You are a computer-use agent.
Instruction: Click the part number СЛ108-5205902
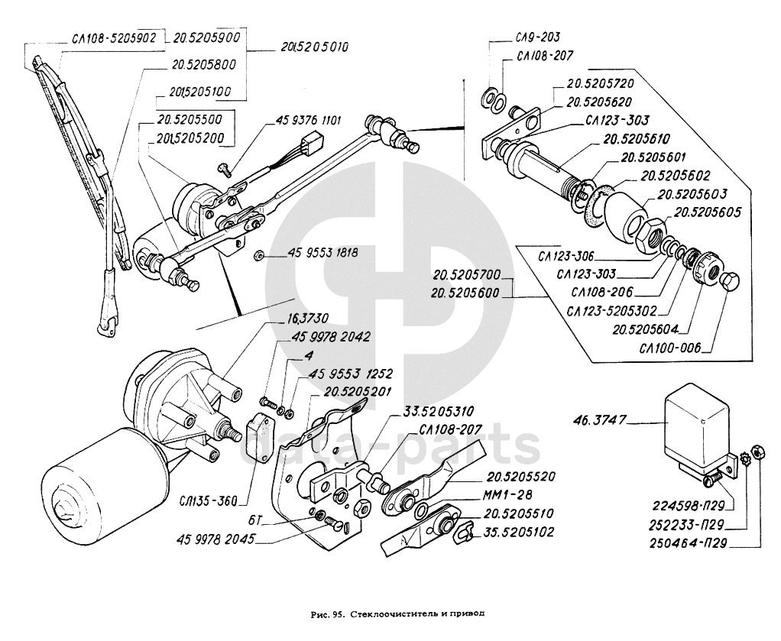coord(114,38)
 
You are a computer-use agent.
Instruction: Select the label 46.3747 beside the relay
coord(598,420)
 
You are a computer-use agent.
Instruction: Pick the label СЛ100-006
coord(670,347)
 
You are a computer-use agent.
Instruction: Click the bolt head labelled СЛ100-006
coord(731,281)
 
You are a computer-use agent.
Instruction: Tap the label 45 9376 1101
coord(309,120)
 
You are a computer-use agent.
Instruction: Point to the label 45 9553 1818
coord(322,254)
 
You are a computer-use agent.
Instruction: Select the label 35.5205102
coord(518,533)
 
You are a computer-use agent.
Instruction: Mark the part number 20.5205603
coord(692,194)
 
